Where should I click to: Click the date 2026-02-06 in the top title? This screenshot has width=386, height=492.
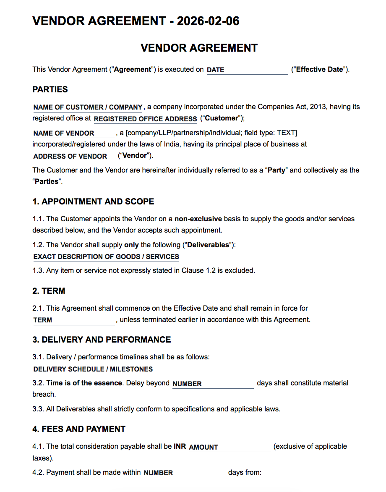click(x=208, y=21)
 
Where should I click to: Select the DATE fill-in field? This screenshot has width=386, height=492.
click(x=247, y=70)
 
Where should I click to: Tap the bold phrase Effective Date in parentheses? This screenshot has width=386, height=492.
click(x=319, y=70)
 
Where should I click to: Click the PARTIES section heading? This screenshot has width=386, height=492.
click(x=50, y=89)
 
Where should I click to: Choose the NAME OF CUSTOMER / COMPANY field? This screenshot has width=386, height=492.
click(x=88, y=107)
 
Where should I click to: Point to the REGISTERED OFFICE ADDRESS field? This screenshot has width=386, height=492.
click(x=145, y=119)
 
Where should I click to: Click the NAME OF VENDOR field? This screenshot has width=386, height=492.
click(x=74, y=133)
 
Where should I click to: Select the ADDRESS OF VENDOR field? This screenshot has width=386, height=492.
click(x=74, y=156)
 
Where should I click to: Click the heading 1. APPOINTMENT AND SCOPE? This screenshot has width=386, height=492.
click(x=93, y=202)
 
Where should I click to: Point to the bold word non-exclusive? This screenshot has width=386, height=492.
click(x=198, y=219)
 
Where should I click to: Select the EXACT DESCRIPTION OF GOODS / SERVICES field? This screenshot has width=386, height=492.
click(x=106, y=256)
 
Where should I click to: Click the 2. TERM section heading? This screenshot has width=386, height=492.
click(x=49, y=291)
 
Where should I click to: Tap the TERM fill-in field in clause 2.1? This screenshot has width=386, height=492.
click(x=74, y=320)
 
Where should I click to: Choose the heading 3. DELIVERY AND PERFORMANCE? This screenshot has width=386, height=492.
click(x=102, y=340)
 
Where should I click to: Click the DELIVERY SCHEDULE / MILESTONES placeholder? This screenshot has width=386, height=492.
click(x=93, y=369)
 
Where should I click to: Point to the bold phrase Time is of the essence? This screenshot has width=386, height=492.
click(x=84, y=383)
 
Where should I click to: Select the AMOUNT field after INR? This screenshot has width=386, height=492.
click(x=229, y=447)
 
